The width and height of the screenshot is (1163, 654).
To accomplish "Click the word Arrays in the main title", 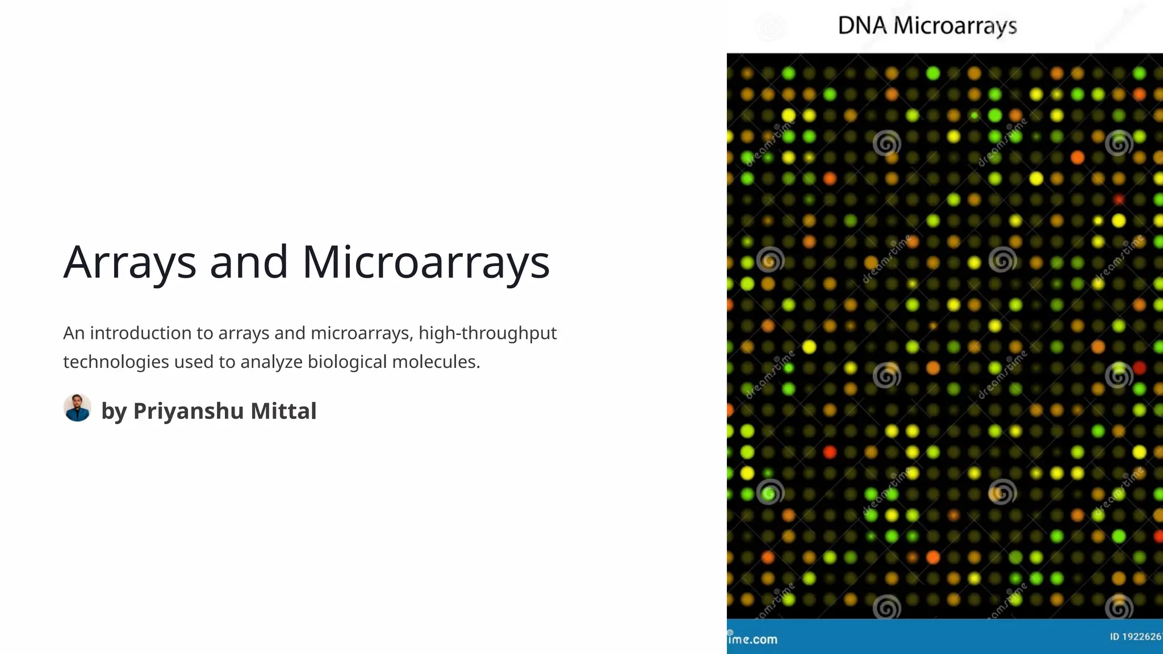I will (129, 262).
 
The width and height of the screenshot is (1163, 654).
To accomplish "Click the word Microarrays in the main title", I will (426, 262).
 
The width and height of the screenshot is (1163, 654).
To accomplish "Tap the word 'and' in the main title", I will (249, 262).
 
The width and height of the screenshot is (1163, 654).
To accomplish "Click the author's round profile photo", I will (77, 408).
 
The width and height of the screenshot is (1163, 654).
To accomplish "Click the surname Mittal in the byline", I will (283, 411).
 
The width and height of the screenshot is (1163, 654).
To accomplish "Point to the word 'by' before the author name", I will (114, 411).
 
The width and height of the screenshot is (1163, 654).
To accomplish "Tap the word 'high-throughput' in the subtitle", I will (487, 333).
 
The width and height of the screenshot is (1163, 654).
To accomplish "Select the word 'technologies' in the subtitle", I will (116, 362).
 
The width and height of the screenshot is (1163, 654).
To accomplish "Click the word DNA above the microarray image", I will (862, 26).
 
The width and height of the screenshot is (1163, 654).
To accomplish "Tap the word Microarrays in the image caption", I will (955, 26).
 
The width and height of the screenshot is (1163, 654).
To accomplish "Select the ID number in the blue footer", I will (1136, 636).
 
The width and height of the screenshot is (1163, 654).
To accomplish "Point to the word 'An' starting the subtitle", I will (74, 333).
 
